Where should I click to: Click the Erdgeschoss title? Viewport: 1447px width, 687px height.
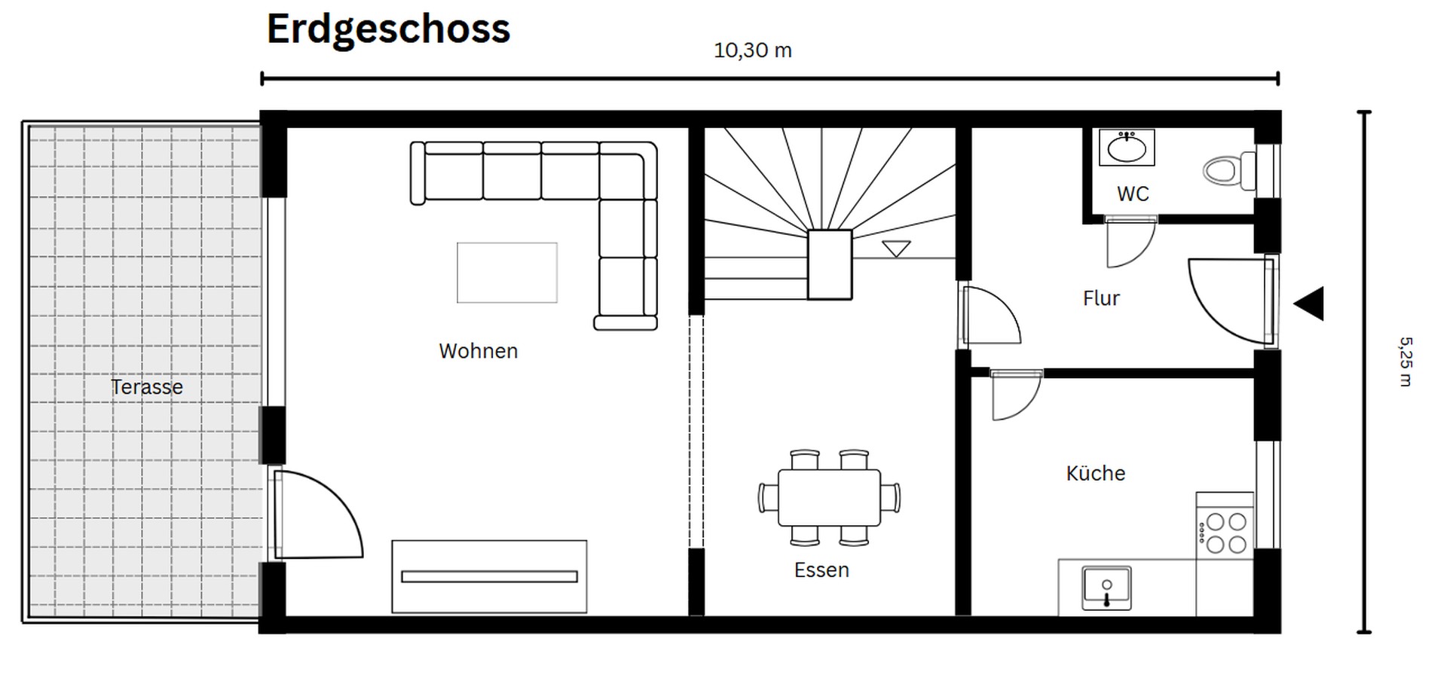coord(388,30)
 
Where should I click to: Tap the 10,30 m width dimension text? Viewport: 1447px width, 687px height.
coord(752,50)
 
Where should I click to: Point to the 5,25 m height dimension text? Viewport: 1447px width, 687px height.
coord(1405,362)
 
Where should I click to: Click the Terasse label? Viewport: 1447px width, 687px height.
coord(147,387)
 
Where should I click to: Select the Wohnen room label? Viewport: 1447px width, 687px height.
coord(478,351)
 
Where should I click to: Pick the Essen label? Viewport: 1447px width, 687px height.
coord(821,570)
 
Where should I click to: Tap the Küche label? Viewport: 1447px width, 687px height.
coord(1095,474)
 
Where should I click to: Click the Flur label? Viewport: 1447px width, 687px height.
coord(1101,298)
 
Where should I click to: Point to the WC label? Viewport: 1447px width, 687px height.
coord(1133,194)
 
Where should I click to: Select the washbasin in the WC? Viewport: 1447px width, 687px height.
coord(1127,148)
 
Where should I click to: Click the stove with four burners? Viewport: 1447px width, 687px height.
coord(1225,532)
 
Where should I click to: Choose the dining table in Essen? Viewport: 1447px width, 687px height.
coord(829,498)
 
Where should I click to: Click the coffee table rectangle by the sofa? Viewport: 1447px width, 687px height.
coord(507,273)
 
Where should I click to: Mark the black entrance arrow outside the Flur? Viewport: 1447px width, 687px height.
coord(1310,304)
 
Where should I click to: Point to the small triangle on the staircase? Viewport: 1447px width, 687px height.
coord(896,248)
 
